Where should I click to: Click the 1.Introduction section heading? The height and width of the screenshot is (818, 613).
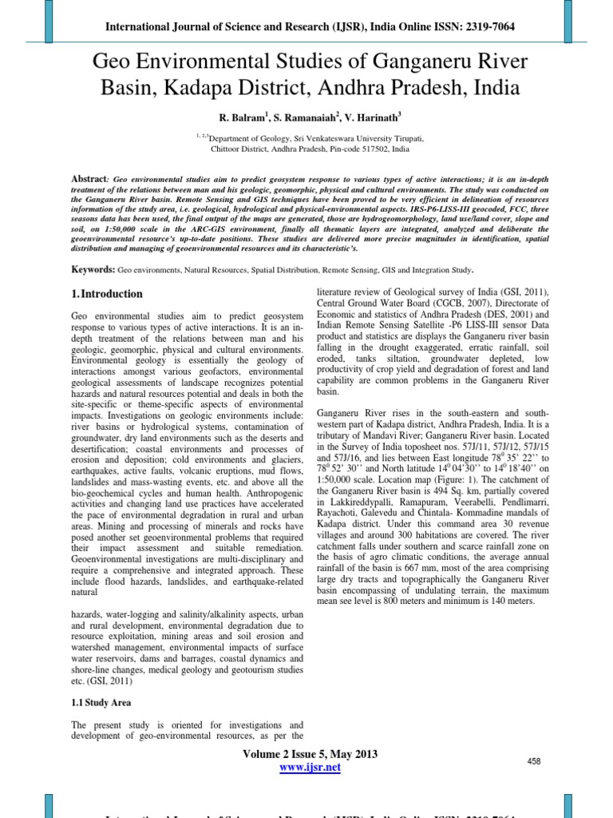point(107,294)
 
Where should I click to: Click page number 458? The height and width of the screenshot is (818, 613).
point(534,762)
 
